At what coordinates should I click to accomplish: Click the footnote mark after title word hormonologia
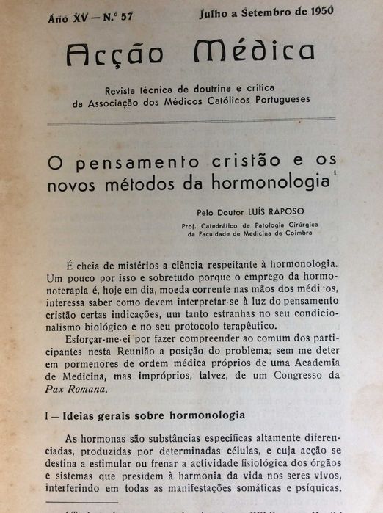coord(332,173)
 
